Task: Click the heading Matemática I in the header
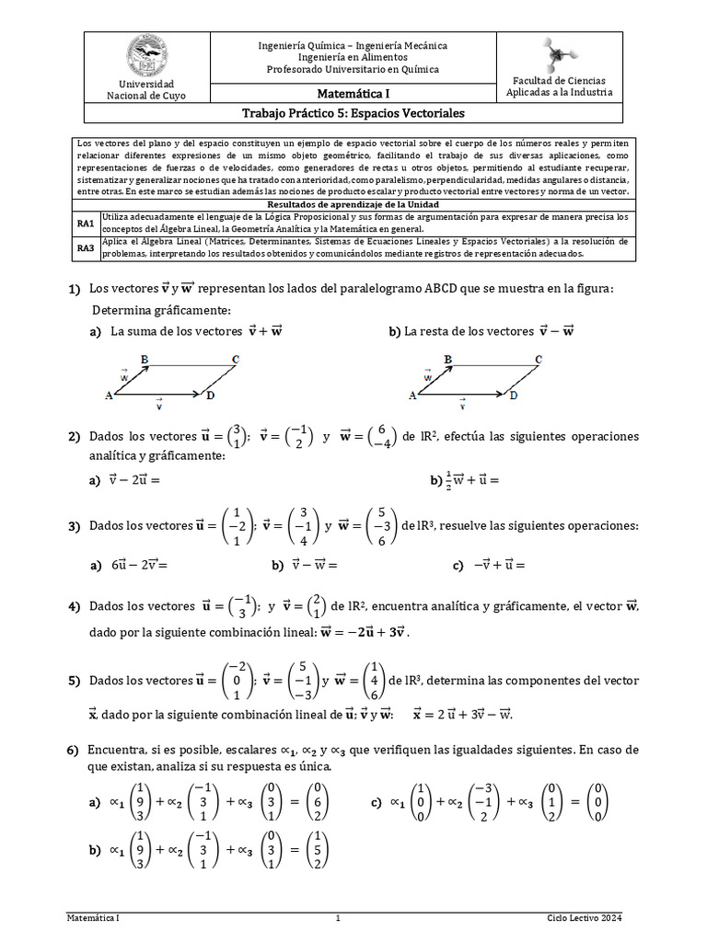pos(353,93)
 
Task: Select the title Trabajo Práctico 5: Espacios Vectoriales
pos(353,113)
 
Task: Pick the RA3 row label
pos(86,247)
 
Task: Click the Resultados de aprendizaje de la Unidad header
pos(353,203)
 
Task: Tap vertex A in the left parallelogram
pos(109,396)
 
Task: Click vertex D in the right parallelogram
pos(514,396)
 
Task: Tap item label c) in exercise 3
pos(458,567)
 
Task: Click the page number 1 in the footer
pos(338,918)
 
